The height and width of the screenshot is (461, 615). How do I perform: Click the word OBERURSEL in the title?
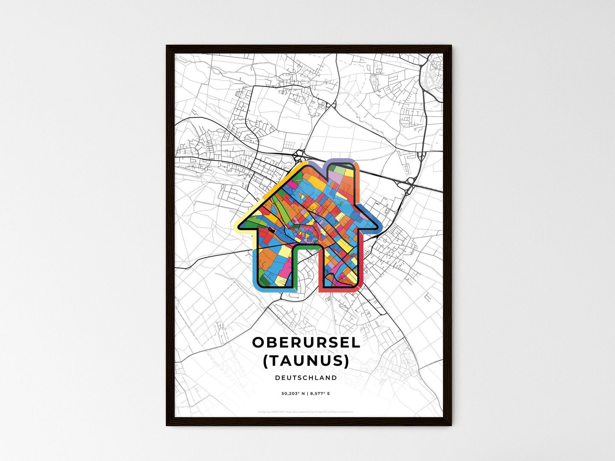pyautogui.click(x=306, y=343)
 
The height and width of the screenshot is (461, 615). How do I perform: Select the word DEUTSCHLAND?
pyautogui.click(x=306, y=378)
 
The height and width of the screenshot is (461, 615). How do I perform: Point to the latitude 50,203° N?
pyautogui.click(x=294, y=394)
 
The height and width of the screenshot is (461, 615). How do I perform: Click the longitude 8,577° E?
pyautogui.click(x=320, y=394)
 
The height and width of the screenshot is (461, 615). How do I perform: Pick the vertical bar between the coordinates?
pyautogui.click(x=307, y=394)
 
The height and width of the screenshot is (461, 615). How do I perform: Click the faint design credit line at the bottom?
pyautogui.click(x=306, y=412)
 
